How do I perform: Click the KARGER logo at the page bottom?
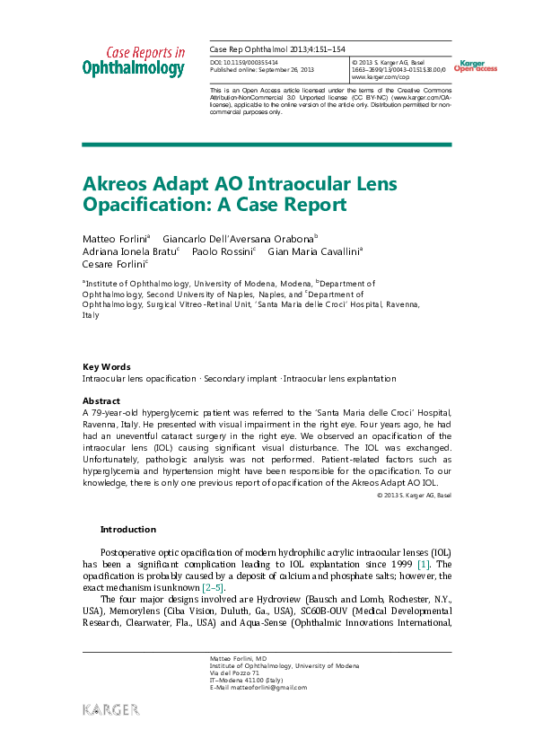tap(111, 710)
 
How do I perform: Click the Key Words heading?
tap(106, 366)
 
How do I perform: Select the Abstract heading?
tap(101, 400)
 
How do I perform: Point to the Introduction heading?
tap(127, 530)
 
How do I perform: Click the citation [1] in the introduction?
tap(425, 564)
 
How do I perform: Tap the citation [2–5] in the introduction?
tap(211, 587)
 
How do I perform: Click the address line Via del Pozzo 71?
tap(234, 672)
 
